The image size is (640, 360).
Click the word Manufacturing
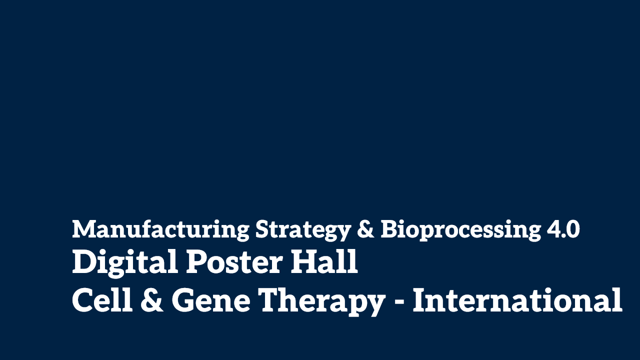tap(161, 230)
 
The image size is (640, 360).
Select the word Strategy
tap(303, 230)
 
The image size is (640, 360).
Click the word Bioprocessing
tap(460, 230)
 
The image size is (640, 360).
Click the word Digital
tap(125, 263)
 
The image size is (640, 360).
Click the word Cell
tap(102, 299)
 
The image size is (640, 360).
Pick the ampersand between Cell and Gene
tap(152, 299)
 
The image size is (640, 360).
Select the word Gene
tap(211, 300)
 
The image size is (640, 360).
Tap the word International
tap(517, 299)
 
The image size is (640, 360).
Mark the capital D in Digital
tap(85, 261)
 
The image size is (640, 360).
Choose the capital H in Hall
tap(304, 261)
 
